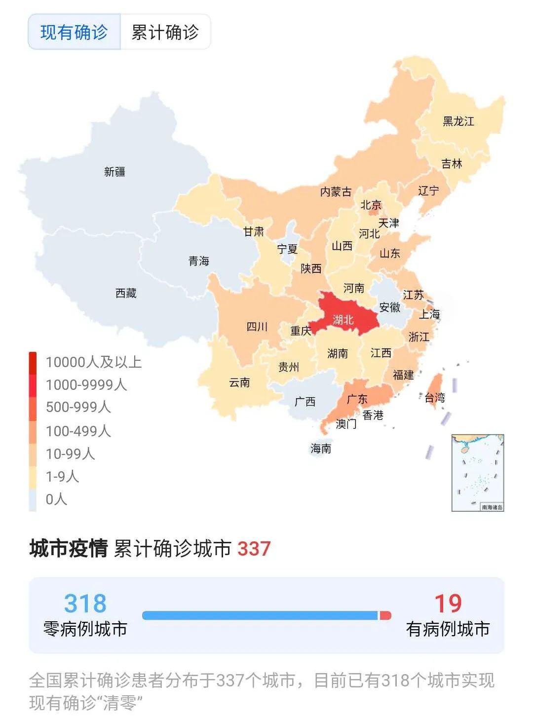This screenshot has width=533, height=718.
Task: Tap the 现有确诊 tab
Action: point(74,32)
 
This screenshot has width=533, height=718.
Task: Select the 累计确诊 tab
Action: point(165,32)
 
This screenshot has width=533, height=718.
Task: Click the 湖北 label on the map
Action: point(343,320)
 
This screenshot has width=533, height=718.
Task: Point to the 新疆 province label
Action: point(114,172)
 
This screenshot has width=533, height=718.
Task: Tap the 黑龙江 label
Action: point(458,121)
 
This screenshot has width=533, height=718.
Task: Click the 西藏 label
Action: point(126,293)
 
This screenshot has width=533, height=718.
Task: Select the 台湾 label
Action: point(435,397)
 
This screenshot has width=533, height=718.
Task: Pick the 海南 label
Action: point(321,448)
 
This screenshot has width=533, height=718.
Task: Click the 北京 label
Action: point(371,205)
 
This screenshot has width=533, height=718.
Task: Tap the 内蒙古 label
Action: point(336,191)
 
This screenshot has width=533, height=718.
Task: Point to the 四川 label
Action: point(257,326)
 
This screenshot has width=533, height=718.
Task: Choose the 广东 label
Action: point(357,399)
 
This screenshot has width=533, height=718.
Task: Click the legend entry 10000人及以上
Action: point(94,362)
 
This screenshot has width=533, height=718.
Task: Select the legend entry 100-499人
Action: point(78,431)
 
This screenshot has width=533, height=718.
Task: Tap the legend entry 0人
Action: point(56,499)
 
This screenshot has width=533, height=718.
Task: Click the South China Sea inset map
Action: point(477,472)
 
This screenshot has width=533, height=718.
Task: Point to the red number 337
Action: point(254,549)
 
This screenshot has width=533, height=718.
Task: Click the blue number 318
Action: point(85,604)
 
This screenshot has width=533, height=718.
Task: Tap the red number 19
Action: point(448,604)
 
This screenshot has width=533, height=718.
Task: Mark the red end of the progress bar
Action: point(385,615)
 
